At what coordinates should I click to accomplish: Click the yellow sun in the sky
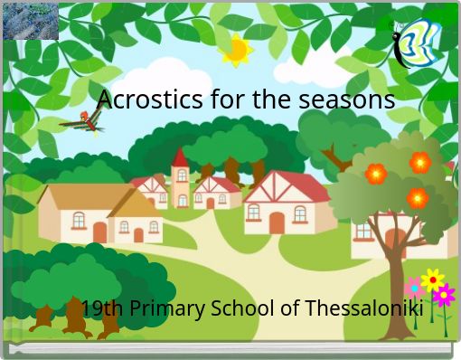pos(237,50)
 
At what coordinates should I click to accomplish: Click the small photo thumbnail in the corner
pos(31,21)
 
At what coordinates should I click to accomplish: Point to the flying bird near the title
pos(82,122)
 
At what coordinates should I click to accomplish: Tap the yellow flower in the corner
pos(433,279)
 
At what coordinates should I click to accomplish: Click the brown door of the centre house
pos(277,222)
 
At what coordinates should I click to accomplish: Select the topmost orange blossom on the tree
pos(420,163)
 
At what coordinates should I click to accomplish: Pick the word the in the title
pos(269,99)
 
